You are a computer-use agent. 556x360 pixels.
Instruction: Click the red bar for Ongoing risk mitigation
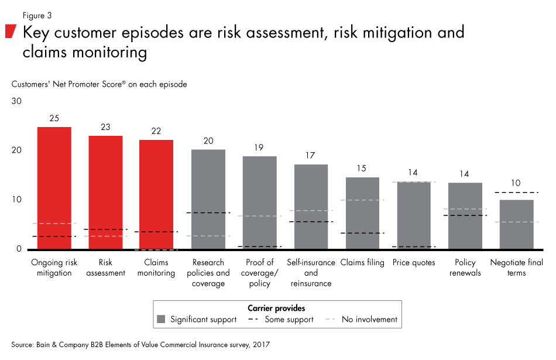click(54, 187)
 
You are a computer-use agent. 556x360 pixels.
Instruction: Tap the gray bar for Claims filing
click(362, 213)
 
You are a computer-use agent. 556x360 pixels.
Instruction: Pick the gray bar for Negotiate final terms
click(516, 225)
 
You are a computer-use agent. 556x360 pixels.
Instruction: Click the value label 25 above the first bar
click(54, 118)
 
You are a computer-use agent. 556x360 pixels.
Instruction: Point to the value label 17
click(311, 156)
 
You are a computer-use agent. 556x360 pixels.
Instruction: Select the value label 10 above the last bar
click(516, 183)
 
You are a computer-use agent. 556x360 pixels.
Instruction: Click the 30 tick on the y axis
click(16, 101)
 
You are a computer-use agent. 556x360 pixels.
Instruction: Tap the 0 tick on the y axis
click(19, 249)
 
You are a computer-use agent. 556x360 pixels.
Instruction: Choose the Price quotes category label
click(414, 263)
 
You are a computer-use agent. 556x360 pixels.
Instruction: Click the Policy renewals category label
click(465, 268)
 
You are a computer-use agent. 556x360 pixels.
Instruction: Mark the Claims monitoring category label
click(156, 268)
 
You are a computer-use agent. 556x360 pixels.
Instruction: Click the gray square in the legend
click(162, 319)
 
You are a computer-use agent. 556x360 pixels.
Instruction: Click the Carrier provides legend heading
click(277, 308)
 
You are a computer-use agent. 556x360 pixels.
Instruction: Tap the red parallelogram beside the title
click(11, 32)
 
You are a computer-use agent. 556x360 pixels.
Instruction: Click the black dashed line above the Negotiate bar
click(516, 193)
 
